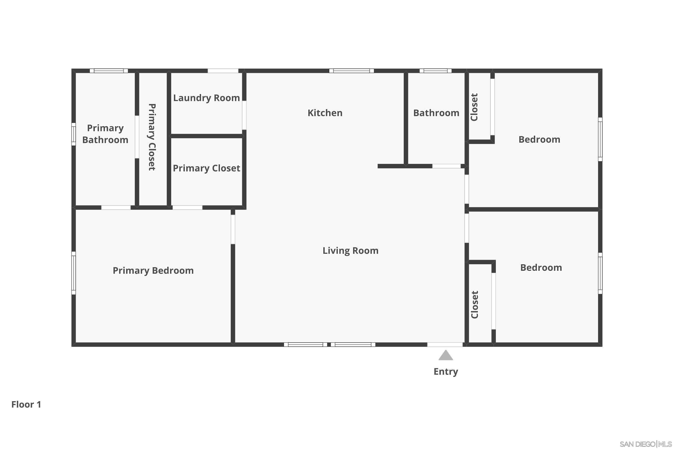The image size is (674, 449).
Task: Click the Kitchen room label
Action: tap(325, 113)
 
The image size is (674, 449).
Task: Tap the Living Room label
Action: tap(350, 251)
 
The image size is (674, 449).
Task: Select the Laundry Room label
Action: tap(206, 98)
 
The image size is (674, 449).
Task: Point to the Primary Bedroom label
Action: tap(153, 271)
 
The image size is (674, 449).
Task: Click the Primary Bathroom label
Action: tap(105, 134)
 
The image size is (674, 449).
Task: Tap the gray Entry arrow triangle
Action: tap(446, 356)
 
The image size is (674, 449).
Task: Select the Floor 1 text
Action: tap(26, 404)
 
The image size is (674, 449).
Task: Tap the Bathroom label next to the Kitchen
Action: tap(436, 113)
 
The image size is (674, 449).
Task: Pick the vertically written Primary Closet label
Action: tap(152, 137)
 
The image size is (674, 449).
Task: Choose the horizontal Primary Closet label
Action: tap(206, 168)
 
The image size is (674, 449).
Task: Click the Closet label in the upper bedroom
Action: tap(474, 107)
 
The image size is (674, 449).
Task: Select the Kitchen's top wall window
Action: tap(351, 71)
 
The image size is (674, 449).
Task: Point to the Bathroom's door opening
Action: tap(446, 166)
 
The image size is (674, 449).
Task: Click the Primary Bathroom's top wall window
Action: tap(109, 71)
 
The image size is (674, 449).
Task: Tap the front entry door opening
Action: tap(445, 344)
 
